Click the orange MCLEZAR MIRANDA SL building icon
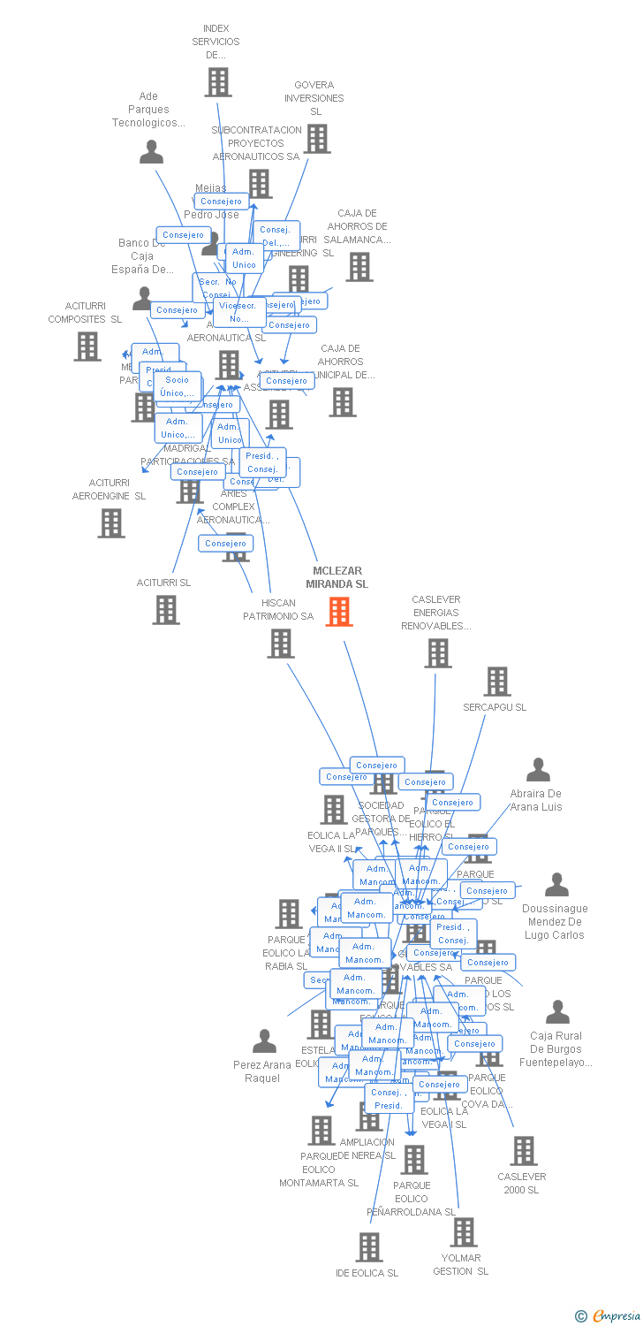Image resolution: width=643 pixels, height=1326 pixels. tap(339, 612)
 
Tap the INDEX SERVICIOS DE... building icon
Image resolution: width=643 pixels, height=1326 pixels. tap(217, 81)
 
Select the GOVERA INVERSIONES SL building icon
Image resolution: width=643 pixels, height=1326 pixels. tap(317, 138)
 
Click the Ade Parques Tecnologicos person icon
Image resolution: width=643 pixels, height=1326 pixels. tap(151, 152)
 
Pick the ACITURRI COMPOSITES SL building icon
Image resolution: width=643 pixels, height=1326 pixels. tap(87, 347)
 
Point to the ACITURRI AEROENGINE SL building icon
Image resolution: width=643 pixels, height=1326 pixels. tap(111, 523)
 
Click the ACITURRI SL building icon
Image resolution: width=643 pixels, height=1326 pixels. tap(166, 610)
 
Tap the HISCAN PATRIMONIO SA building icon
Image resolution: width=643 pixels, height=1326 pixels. tap(281, 644)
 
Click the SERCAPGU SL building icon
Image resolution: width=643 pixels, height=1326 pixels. tap(498, 682)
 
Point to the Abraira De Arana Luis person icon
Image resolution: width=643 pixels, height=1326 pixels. tap(538, 770)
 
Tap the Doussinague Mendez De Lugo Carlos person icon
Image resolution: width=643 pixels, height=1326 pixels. tap(556, 885)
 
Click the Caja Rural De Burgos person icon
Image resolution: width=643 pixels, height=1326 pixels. tap(557, 1012)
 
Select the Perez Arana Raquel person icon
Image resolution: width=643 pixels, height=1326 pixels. tap(264, 1041)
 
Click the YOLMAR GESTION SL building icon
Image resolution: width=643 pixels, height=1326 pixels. tap(463, 1232)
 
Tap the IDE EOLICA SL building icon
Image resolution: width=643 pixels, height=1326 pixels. tap(368, 1247)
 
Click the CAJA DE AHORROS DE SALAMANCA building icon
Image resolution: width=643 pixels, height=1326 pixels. tap(359, 266)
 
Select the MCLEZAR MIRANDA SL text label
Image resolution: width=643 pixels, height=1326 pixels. tap(337, 577)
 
